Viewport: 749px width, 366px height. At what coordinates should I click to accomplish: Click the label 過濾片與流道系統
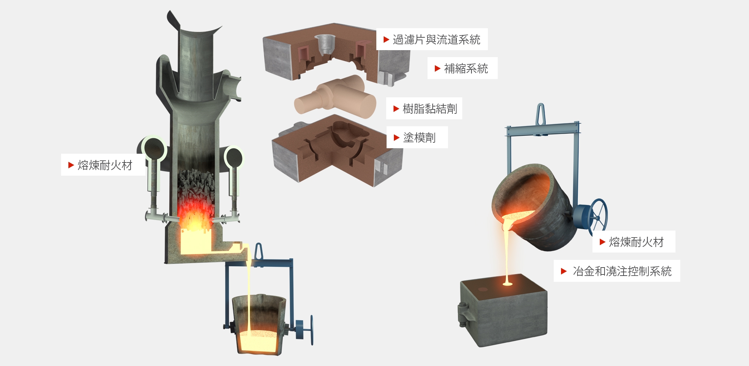point(436,40)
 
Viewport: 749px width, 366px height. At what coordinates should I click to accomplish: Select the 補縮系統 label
point(466,68)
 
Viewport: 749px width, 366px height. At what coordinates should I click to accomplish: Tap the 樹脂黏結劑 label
point(430,109)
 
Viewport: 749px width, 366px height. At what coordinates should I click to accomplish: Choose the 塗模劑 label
point(419,138)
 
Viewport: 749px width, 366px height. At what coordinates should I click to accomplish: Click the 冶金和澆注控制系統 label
point(622,271)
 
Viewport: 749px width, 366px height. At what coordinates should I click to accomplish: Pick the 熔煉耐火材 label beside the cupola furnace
point(105,165)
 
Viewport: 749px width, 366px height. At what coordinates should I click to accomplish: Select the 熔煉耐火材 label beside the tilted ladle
point(636,242)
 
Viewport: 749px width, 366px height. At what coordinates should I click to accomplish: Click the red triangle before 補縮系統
point(437,68)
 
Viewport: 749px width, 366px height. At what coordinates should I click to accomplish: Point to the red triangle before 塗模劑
point(396,138)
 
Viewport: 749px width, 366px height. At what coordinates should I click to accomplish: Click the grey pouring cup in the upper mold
point(324,44)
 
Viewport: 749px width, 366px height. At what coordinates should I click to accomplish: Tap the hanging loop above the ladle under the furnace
point(259,252)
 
